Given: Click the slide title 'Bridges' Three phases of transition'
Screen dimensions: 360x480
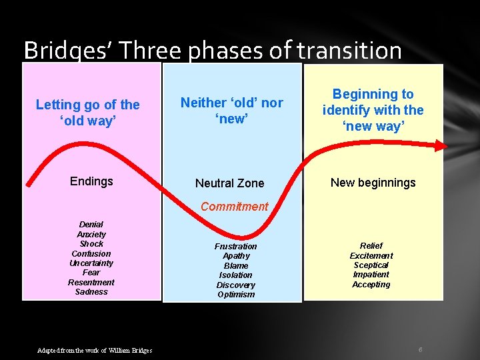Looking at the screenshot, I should tap(212, 51).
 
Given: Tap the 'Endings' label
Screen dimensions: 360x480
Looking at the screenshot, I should tap(91, 181).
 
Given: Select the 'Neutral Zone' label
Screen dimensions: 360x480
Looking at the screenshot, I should tap(229, 183).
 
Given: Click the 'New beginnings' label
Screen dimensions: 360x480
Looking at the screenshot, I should tap(373, 183).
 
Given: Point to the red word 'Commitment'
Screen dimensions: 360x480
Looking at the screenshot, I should tap(234, 207).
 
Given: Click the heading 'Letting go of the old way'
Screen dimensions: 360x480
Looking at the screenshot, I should tap(87, 113).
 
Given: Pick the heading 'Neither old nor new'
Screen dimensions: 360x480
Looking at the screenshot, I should tap(231, 111).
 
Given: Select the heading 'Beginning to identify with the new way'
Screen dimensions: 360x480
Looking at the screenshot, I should tap(373, 110).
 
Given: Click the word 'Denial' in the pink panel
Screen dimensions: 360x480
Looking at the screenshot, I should tap(91, 225).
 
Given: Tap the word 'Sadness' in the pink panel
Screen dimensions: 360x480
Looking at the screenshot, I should tap(91, 292).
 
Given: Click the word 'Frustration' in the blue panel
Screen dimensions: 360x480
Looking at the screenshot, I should tap(236, 247).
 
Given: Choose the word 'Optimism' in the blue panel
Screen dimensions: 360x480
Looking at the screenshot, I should tap(236, 295).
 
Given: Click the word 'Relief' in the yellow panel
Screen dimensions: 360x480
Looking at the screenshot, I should tap(371, 246).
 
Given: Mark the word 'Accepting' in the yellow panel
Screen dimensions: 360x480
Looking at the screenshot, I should tap(371, 285).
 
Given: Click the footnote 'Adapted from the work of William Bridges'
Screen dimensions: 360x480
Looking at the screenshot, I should tap(95, 351).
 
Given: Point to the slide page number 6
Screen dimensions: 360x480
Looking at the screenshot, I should tap(421, 350).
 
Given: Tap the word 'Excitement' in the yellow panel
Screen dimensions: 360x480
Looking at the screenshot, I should tap(371, 256).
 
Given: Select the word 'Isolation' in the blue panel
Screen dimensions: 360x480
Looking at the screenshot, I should tap(236, 275).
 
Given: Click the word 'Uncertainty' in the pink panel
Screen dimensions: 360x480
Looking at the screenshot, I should tap(91, 263).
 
